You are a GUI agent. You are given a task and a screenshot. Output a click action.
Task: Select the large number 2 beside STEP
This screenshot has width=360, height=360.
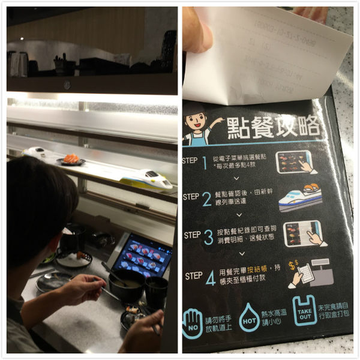click(207, 199)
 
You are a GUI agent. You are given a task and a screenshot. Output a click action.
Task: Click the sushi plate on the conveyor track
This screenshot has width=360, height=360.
click(71, 160)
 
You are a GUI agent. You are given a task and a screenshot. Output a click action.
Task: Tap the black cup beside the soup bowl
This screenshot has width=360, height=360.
click(156, 291)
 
